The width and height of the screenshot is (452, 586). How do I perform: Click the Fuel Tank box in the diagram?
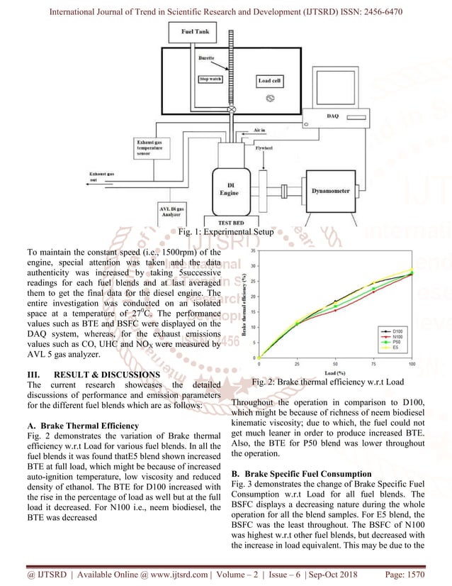pyautogui.click(x=194, y=33)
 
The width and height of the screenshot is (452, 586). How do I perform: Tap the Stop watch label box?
pyautogui.click(x=211, y=79)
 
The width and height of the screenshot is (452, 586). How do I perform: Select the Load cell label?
pyautogui.click(x=269, y=81)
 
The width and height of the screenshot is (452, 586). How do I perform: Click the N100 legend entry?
pyautogui.click(x=396, y=336)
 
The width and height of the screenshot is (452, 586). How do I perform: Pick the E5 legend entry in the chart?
pyautogui.click(x=396, y=347)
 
